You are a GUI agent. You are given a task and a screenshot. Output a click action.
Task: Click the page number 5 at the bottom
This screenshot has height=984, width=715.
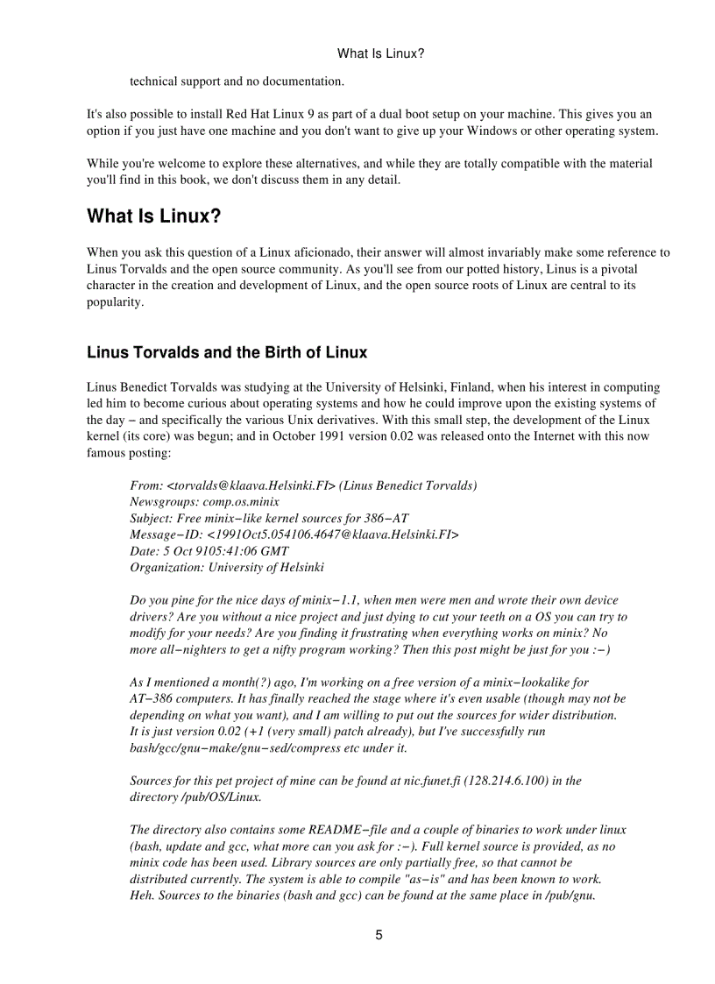[379, 935]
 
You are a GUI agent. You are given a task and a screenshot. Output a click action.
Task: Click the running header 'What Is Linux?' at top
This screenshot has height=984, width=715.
[380, 53]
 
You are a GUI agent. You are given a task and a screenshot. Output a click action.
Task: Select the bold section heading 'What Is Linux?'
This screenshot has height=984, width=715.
[153, 216]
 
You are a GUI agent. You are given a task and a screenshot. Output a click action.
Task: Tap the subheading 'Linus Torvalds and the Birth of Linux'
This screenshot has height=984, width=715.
[227, 352]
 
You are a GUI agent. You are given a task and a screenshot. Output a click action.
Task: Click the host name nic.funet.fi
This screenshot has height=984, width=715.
[445, 780]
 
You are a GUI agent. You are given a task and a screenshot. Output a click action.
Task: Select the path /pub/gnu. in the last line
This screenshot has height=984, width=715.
[570, 896]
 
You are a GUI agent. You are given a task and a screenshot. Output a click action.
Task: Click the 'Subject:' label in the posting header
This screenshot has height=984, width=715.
[152, 518]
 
